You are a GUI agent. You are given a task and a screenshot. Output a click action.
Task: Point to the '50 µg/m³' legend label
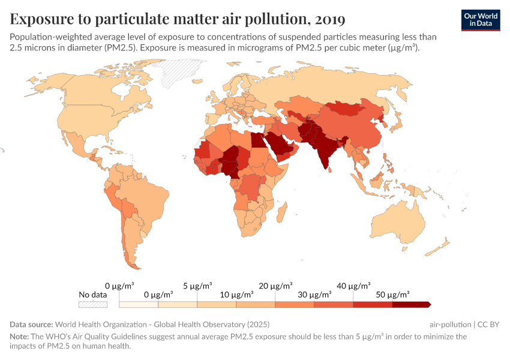pos(392,295)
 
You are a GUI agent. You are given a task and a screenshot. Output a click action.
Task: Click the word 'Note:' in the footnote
pos(19,337)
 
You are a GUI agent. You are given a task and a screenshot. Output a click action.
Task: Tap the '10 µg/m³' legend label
pos(236,295)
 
